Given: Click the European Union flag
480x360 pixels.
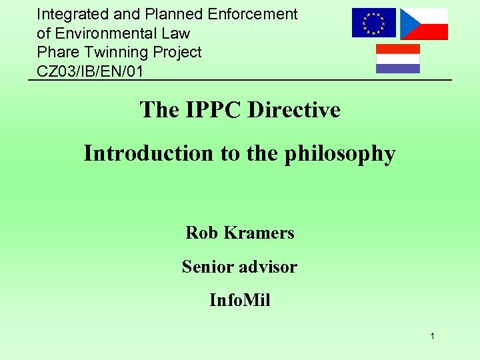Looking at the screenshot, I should click(x=373, y=23).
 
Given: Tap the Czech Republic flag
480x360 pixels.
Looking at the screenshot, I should click(x=424, y=24).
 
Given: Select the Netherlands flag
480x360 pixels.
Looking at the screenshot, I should click(x=398, y=59).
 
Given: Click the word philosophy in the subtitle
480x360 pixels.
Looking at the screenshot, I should click(x=341, y=154).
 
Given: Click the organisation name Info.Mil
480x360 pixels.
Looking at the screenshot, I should click(x=239, y=301).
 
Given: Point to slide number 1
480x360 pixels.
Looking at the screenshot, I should click(x=432, y=337).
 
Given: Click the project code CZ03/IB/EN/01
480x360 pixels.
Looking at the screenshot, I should click(x=90, y=71).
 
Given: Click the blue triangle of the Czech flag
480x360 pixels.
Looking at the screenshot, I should click(x=407, y=24).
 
